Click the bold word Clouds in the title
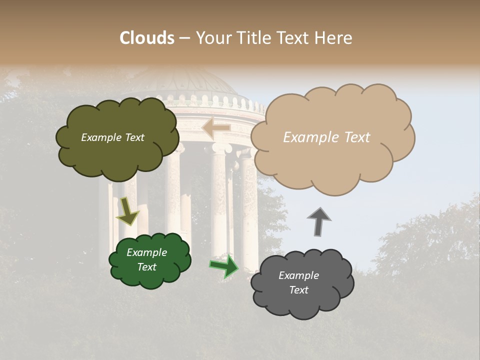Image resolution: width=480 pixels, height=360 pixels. click(x=147, y=38)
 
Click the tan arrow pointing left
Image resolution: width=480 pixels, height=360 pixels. click(x=215, y=128)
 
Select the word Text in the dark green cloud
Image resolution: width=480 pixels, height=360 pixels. click(x=147, y=267)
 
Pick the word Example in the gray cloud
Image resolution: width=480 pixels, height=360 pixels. click(x=298, y=275)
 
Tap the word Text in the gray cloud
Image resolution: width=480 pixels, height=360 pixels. click(x=298, y=290)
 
